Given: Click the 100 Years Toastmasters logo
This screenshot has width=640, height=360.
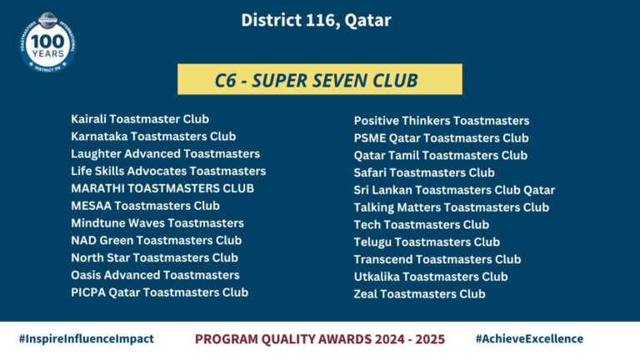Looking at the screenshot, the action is [47, 42].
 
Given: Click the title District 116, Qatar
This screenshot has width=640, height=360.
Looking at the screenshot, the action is [316, 20].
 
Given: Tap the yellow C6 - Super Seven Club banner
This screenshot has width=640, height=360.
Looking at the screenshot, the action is [320, 79].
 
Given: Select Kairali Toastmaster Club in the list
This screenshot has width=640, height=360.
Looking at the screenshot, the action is [140, 119].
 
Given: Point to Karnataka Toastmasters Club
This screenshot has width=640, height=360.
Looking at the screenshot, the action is [153, 137].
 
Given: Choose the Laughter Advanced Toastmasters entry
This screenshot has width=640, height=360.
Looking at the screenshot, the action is [165, 154].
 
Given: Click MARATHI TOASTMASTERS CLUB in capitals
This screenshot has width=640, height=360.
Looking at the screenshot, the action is [162, 188].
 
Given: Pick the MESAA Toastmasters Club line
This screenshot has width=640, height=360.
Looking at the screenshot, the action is [145, 206].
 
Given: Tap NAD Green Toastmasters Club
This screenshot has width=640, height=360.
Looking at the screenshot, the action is [157, 240].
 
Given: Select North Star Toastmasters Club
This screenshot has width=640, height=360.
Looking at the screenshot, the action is [155, 258].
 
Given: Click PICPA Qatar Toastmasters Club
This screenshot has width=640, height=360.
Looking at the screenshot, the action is [160, 292].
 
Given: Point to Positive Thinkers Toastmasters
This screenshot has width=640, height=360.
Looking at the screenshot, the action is [442, 121].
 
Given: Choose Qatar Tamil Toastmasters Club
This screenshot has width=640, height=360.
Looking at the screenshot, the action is [440, 156].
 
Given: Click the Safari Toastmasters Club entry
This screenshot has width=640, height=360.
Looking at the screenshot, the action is [424, 172].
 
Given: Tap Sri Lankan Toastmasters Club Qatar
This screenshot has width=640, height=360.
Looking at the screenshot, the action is [454, 190].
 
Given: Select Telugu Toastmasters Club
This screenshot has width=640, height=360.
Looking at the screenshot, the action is [427, 242].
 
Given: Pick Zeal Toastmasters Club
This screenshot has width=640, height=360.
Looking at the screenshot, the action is [420, 294].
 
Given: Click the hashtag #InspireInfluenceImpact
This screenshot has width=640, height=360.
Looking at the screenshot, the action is [87, 339].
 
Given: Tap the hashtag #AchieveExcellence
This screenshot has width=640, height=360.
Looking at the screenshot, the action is [529, 339].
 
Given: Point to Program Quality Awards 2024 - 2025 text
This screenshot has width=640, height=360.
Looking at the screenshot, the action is [320, 339].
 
